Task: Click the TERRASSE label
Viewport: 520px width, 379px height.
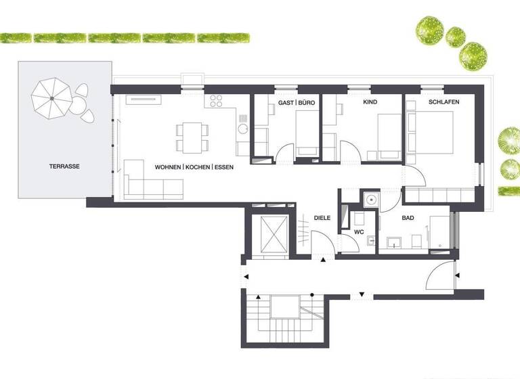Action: tap(64, 166)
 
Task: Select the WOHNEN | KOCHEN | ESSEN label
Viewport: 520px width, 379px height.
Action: tap(194, 166)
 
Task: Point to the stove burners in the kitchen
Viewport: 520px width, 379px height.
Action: tap(217, 102)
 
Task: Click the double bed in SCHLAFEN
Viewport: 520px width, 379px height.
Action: tap(433, 133)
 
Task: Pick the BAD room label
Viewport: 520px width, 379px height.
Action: tap(408, 218)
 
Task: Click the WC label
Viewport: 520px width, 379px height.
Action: tap(360, 232)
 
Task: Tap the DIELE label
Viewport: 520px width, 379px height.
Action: tap(322, 218)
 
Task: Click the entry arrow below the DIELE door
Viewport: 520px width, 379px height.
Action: tap(323, 261)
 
